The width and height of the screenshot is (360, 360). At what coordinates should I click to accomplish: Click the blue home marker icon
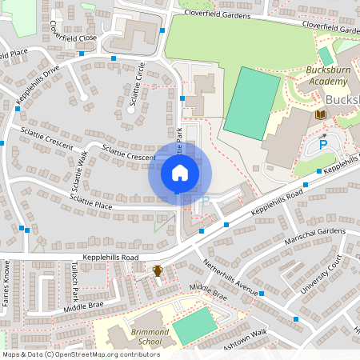pos(179,173)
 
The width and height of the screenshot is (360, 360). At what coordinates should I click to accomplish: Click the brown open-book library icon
pos(322,115)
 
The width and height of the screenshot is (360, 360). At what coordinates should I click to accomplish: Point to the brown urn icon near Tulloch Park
pos(158,272)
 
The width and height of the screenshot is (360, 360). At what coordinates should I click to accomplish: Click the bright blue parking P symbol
pos(323,146)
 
